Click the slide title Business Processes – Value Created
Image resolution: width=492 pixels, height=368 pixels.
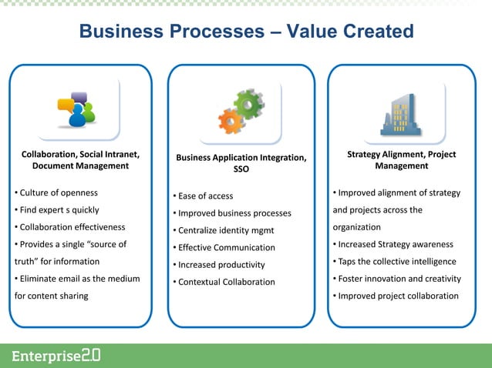point(246,32)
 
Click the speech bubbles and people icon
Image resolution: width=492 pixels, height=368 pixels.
point(76,112)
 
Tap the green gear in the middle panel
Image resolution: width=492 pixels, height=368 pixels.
point(249,104)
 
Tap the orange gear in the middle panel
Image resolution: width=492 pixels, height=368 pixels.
point(231,121)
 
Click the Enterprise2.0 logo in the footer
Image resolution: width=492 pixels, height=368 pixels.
point(56,356)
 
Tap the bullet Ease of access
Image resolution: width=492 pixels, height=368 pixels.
point(203,196)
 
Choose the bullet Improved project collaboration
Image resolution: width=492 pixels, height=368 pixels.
point(395,296)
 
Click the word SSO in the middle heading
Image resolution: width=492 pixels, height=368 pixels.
point(241,169)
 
